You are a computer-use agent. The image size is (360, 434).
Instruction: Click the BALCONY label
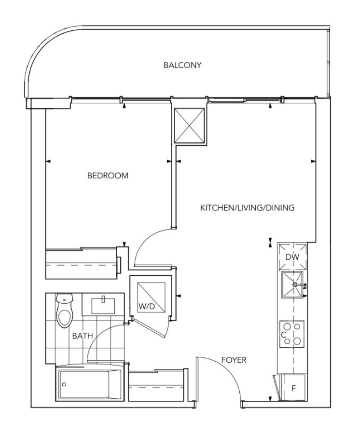(x=182, y=65)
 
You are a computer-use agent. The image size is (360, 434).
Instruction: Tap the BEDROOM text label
(x=108, y=176)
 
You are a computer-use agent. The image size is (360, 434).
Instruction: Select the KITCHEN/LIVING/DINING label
(x=247, y=207)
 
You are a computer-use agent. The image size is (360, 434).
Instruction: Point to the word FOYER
(x=234, y=360)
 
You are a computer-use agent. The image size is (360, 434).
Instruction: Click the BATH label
(x=83, y=336)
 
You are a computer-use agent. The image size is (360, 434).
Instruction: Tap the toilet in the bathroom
(x=64, y=310)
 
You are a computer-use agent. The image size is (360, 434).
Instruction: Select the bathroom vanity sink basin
(x=103, y=306)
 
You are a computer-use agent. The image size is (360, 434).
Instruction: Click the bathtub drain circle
(x=64, y=384)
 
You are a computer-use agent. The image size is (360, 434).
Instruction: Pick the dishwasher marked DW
(x=292, y=257)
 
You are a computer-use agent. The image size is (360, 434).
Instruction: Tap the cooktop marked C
(x=292, y=334)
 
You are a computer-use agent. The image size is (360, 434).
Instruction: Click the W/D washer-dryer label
(x=147, y=306)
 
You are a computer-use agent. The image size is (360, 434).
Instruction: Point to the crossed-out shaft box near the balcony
(x=189, y=126)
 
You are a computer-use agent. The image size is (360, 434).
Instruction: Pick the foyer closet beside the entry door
(x=158, y=387)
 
